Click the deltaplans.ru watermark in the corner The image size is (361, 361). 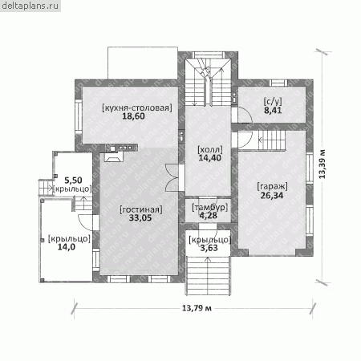(30, 6)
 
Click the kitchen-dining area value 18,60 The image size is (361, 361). (133, 116)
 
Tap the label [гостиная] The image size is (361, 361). (141, 209)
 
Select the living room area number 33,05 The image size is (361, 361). (140, 218)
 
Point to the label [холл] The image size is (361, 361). (210, 149)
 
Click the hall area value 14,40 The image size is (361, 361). (210, 158)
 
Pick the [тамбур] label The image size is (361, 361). (210, 207)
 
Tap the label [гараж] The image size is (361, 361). (272, 186)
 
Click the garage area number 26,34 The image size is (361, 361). (272, 196)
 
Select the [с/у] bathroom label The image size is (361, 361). (273, 102)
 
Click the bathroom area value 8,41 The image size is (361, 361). (273, 110)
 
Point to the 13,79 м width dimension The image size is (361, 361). (197, 308)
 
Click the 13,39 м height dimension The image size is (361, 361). (322, 164)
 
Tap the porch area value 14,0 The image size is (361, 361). (67, 247)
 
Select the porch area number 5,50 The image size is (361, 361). (73, 180)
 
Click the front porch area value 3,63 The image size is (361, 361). (209, 248)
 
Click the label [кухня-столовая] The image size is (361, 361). (137, 107)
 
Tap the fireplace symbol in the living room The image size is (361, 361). (113, 157)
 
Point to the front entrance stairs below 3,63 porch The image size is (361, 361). (208, 275)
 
